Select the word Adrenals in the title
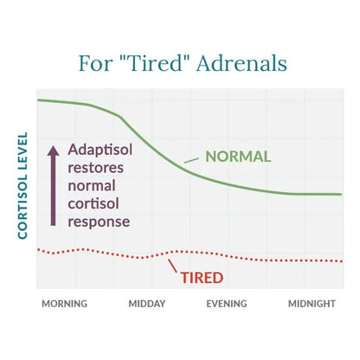pyautogui.click(x=241, y=63)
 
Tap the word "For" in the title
pyautogui.click(x=95, y=63)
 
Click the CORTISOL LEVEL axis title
pyautogui.click(x=22, y=185)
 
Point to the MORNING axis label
pyautogui.click(x=65, y=304)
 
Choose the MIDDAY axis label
pyautogui.click(x=147, y=304)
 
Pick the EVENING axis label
pyautogui.click(x=227, y=304)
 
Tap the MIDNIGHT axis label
pyautogui.click(x=312, y=304)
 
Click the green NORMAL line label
pyautogui.click(x=238, y=157)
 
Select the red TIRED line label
pyautogui.click(x=202, y=278)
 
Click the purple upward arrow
pyautogui.click(x=53, y=185)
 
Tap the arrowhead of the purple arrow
pyautogui.click(x=53, y=151)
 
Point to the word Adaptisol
pyautogui.click(x=100, y=150)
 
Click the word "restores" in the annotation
pyautogui.click(x=96, y=168)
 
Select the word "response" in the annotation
pyautogui.click(x=99, y=222)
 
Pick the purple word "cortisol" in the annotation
pyautogui.click(x=93, y=203)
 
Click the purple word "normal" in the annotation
pyautogui.click(x=92, y=186)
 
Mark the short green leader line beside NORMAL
pyautogui.click(x=191, y=160)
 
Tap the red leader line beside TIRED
pyautogui.click(x=173, y=266)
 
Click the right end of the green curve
pyautogui.click(x=342, y=195)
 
